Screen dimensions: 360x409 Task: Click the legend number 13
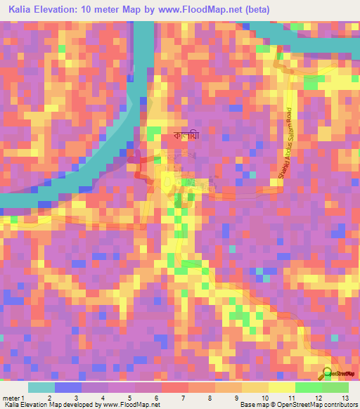[345, 397]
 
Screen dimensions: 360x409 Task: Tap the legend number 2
[49, 397]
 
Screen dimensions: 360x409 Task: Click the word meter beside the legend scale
[11, 397]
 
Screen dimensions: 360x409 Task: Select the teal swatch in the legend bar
[41, 387]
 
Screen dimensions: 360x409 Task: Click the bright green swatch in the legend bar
[308, 387]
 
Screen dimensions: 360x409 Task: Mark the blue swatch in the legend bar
[68, 387]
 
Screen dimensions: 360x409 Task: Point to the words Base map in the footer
[253, 405]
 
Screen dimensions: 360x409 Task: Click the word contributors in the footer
[338, 405]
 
